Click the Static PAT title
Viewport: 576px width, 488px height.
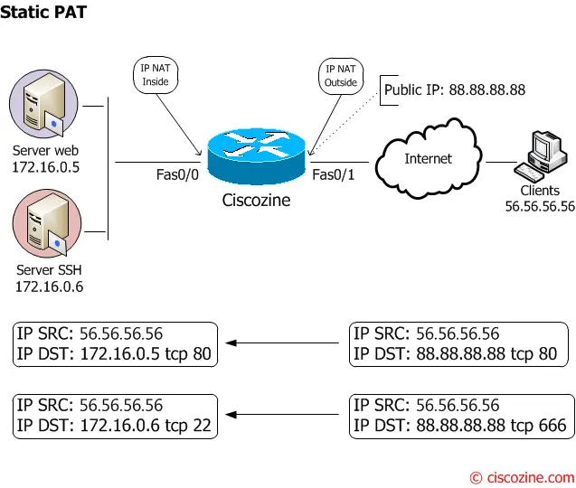click(x=43, y=14)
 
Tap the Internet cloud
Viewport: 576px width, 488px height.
click(x=427, y=159)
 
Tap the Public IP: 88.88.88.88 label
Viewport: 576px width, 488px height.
click(x=454, y=90)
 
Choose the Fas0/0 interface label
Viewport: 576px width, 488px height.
click(x=176, y=174)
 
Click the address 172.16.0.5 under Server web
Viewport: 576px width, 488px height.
click(x=46, y=167)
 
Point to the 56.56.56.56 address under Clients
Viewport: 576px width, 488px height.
click(x=540, y=206)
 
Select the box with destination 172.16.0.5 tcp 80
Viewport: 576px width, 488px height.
click(x=115, y=343)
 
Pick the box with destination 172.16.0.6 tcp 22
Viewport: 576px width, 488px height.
click(x=115, y=415)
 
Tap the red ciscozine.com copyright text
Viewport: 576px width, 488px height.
click(x=522, y=476)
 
